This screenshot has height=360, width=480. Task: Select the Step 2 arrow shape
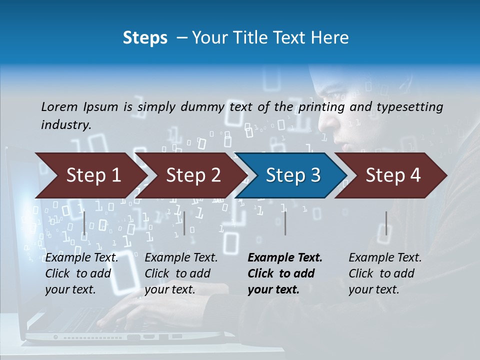193,175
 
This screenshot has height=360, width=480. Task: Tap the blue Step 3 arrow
293,175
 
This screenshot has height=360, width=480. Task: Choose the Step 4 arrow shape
393,175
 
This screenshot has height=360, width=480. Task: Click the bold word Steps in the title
145,38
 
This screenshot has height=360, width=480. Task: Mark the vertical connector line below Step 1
84,223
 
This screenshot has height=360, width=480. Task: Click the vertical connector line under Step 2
184,223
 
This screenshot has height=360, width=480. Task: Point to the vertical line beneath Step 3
285,223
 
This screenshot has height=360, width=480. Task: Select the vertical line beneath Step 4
386,223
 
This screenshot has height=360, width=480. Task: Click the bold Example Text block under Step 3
285,273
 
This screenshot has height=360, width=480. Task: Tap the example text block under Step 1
81,273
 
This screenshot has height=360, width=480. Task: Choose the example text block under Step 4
385,273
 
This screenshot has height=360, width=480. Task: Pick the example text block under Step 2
181,273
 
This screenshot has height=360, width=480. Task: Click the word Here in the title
331,38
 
